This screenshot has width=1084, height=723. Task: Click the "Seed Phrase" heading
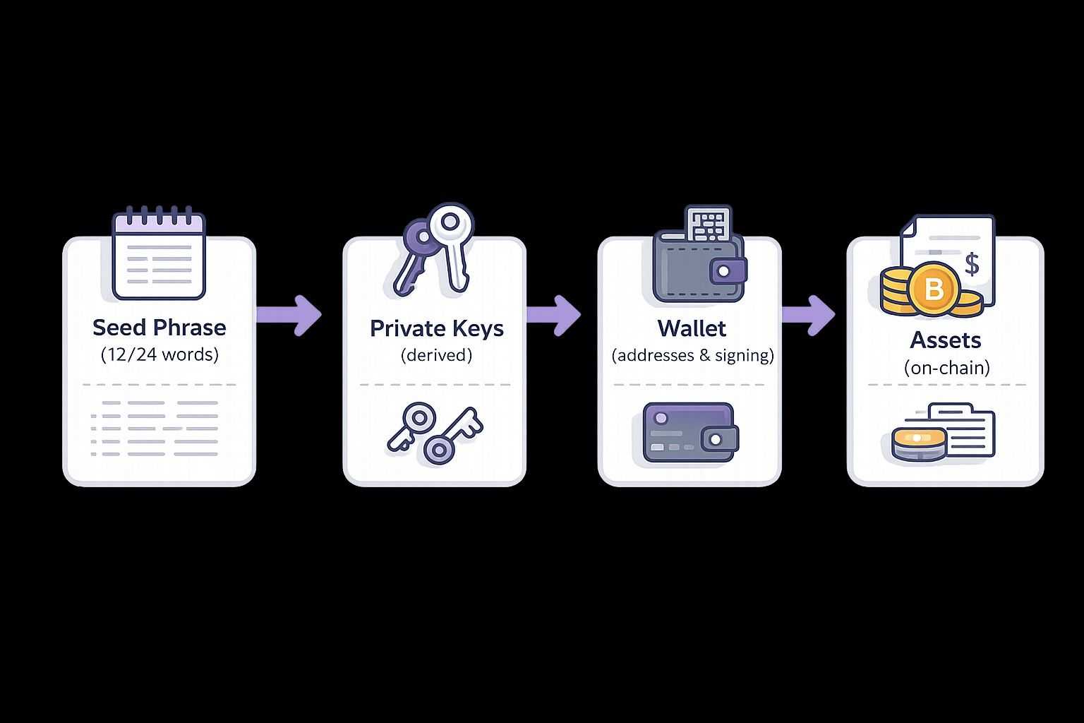tap(159, 328)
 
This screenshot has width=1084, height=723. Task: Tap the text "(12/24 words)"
tap(159, 354)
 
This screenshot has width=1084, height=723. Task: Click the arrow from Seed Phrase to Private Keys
tap(289, 315)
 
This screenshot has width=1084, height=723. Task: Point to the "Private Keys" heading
tap(436, 328)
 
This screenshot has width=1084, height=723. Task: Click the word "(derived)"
tap(436, 354)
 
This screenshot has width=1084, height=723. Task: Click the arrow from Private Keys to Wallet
tap(554, 315)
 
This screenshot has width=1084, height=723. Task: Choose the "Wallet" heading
tap(692, 328)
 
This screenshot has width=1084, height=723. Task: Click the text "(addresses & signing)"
tap(692, 354)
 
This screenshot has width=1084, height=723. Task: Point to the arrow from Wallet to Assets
tap(809, 315)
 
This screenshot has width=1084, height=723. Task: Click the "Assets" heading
tap(946, 340)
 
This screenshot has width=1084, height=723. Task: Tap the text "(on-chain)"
tap(946, 367)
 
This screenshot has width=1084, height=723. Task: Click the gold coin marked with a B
tap(933, 288)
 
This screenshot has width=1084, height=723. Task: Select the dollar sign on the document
tap(972, 264)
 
